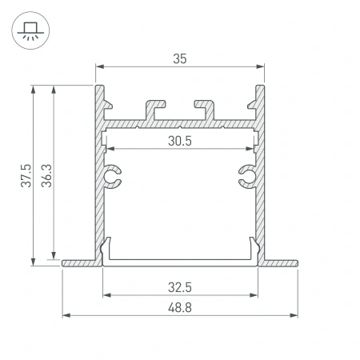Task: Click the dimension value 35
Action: point(181,58)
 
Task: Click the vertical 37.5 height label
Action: point(26,175)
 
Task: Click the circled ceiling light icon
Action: point(29,30)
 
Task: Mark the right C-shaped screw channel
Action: point(248,178)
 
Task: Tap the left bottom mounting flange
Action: point(80,262)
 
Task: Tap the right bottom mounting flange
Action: point(280,262)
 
